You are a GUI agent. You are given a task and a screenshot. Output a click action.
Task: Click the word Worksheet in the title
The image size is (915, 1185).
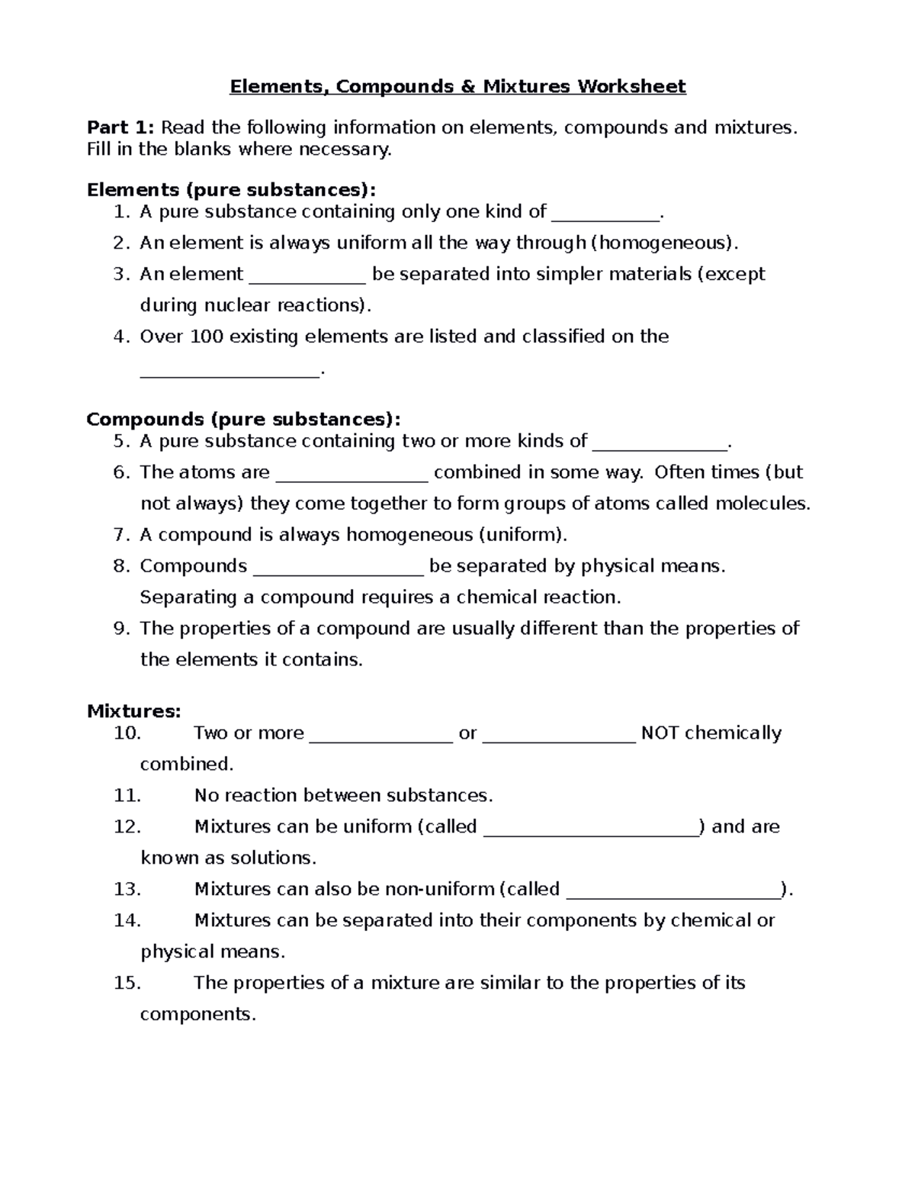631,86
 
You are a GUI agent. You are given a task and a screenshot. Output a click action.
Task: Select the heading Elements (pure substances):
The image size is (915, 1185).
231,189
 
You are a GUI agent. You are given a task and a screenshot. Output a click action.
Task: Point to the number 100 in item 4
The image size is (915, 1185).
206,337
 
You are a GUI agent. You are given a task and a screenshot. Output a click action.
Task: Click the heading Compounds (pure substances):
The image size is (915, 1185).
242,419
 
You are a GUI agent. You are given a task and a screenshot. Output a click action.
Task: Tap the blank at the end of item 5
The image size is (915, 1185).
660,446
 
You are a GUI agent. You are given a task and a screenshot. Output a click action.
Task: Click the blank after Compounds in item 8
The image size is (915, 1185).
337,571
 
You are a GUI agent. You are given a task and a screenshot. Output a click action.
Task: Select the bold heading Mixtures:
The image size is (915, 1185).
133,711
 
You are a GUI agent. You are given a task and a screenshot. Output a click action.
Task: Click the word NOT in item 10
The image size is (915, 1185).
660,733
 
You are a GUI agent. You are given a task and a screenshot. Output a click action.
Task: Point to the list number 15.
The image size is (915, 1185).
127,983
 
